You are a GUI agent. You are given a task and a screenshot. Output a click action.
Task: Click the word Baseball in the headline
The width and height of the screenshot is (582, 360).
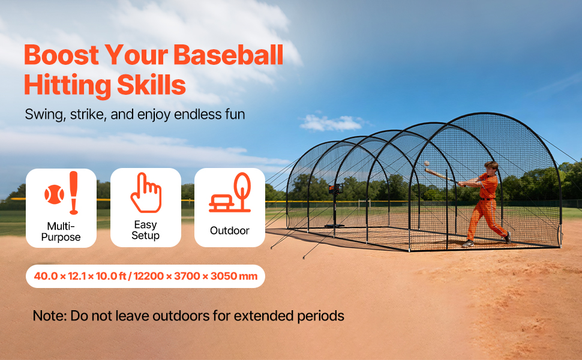tap(228, 55)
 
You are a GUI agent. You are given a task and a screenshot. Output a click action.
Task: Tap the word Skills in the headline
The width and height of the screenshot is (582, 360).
tap(151, 85)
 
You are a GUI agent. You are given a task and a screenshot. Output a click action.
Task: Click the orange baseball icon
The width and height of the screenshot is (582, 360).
tap(54, 194)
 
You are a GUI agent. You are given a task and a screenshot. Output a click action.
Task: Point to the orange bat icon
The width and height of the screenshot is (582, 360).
tap(74, 193)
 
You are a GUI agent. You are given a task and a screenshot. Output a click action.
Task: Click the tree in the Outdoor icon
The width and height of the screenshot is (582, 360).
tap(242, 191)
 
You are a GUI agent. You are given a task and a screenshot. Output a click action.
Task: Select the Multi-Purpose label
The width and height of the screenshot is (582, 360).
tap(61, 232)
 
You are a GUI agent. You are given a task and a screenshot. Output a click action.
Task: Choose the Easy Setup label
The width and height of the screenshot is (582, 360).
tap(145, 230)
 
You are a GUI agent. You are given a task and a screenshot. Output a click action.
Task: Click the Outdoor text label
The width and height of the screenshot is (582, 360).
tap(229, 230)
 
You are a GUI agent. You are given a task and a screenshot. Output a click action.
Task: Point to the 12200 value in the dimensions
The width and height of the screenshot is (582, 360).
tap(148, 276)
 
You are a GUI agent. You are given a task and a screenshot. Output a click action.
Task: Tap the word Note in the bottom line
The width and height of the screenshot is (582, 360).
tap(50, 316)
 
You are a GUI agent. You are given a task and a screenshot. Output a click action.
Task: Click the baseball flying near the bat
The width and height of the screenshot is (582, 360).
tap(427, 163)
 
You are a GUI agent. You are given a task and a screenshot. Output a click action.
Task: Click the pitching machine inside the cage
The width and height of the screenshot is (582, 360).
tap(335, 205)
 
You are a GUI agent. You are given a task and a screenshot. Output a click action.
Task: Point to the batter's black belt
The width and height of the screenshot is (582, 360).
tap(486, 199)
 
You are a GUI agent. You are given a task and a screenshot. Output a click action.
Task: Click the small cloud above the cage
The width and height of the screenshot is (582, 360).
tap(331, 123)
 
